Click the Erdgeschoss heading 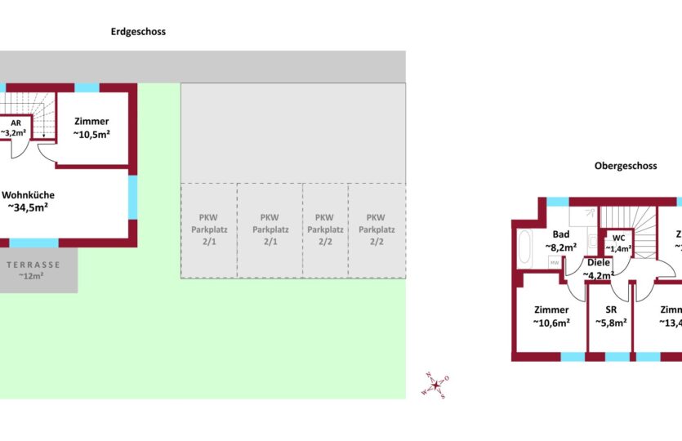click(x=138, y=32)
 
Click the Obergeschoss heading click(x=625, y=166)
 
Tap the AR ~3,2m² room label click(x=15, y=127)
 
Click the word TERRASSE click(x=33, y=265)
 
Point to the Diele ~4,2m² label click(x=598, y=269)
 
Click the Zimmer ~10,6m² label click(x=551, y=316)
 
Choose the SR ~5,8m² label click(x=610, y=316)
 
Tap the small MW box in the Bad click(x=554, y=263)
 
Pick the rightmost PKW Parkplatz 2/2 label click(x=375, y=229)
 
